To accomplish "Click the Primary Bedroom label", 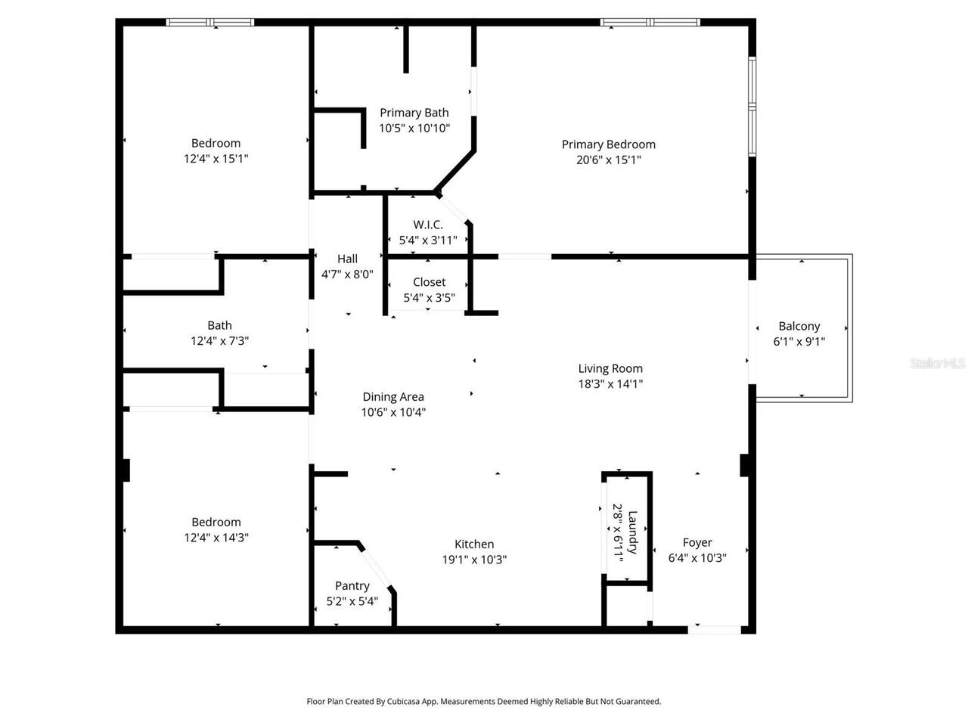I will (x=608, y=144).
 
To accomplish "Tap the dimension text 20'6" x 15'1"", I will (x=608, y=160).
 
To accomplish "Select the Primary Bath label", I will (x=414, y=113).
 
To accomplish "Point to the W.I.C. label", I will (x=428, y=225).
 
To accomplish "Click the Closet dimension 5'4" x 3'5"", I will (x=429, y=298).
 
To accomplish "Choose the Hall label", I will (x=347, y=259).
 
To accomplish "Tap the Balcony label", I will (x=799, y=326).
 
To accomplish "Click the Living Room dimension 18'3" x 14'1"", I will (x=610, y=384).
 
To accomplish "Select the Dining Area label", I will (x=392, y=396).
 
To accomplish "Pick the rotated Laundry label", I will (x=633, y=532).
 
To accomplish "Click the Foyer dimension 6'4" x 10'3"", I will (x=697, y=558).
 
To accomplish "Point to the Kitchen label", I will (x=474, y=544).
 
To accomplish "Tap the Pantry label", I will (x=352, y=585).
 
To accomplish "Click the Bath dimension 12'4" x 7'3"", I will (x=219, y=341).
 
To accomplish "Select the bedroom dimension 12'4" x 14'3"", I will (x=216, y=538).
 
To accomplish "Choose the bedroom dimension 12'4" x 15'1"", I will (x=216, y=159).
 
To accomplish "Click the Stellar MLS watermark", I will (x=938, y=363).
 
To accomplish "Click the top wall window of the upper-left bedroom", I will (x=210, y=23).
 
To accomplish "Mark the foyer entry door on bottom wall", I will (x=714, y=628).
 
